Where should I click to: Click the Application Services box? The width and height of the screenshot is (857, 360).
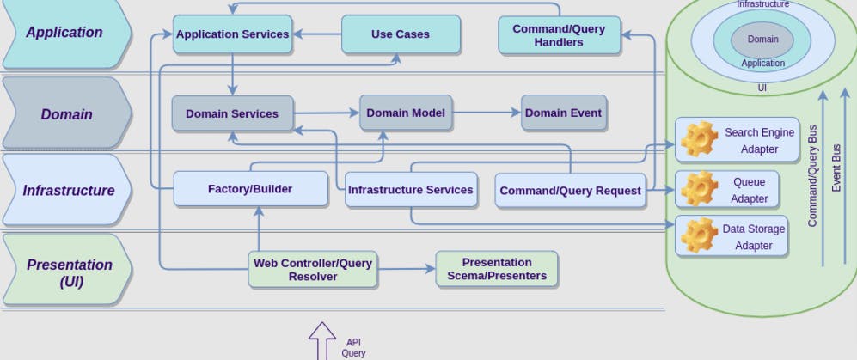point(232,34)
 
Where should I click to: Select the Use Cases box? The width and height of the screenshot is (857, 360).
point(401,34)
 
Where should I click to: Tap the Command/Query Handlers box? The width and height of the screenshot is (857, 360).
point(559,35)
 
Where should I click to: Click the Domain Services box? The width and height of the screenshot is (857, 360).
point(232,113)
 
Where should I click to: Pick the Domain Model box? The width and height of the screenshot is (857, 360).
point(406,113)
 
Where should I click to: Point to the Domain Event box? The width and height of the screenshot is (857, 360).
point(564,113)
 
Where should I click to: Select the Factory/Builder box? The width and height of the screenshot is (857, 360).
point(250,189)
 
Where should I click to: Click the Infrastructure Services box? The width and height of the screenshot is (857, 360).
point(410,190)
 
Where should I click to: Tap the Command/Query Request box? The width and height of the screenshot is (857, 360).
point(571,191)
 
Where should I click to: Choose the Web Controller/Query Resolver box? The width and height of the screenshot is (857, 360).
point(313,270)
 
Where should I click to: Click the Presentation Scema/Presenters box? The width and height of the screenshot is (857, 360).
point(497,269)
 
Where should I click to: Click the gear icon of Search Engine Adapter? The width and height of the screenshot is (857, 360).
point(698,140)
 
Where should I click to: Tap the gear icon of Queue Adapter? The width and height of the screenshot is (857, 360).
point(698,189)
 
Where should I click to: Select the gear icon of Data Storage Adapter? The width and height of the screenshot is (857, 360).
point(698,235)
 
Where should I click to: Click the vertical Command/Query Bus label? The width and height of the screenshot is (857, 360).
point(812,176)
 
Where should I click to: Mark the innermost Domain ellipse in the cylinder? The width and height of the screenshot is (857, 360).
point(762,40)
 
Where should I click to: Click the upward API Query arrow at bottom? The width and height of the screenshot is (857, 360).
point(322,342)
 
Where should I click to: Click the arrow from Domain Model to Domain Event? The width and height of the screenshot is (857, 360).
point(487,113)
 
